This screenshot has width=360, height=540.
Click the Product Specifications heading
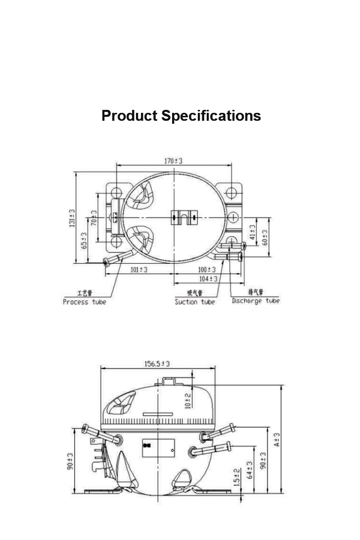click(x=181, y=116)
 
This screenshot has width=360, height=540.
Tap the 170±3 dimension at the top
click(x=173, y=161)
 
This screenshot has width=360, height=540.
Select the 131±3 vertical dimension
click(x=72, y=218)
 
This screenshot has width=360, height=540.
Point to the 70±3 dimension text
click(x=93, y=218)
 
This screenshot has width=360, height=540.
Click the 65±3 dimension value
click(x=84, y=241)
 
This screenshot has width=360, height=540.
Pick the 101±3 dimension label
click(x=138, y=270)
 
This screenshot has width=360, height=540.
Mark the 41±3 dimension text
click(x=253, y=232)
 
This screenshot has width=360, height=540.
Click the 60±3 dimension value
click(x=265, y=238)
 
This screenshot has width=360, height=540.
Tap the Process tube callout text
click(x=85, y=302)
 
